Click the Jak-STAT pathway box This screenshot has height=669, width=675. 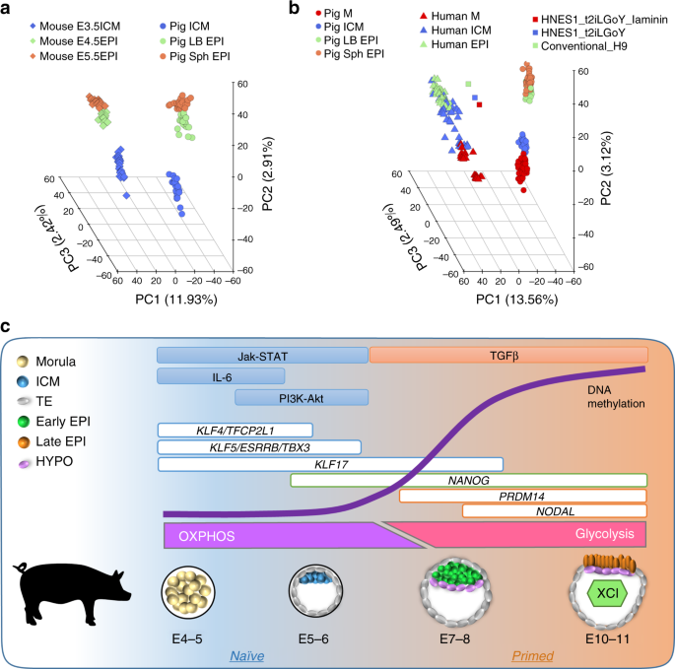[x=262, y=356]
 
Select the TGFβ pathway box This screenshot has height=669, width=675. [x=507, y=356]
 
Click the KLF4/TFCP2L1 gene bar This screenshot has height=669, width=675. [x=235, y=430]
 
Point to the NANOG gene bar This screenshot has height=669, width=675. [x=468, y=480]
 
